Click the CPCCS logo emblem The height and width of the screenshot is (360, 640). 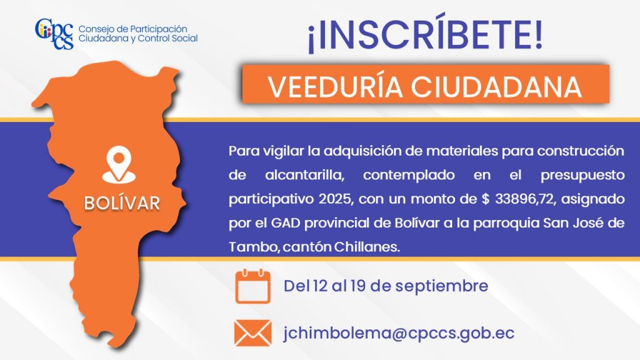click(54, 34)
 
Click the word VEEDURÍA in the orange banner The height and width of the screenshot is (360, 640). click(335, 86)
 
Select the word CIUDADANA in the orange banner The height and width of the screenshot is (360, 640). click(496, 86)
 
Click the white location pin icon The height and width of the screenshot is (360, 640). click(119, 164)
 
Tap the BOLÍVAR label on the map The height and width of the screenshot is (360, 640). click(122, 203)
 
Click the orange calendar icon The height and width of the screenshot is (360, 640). click(252, 286)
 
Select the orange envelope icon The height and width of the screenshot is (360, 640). click(252, 333)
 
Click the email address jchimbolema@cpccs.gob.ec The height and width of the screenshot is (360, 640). click(399, 334)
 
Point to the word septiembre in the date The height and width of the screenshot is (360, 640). click(442, 286)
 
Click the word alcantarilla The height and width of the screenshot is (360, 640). click(304, 175)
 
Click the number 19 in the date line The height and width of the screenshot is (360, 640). click(357, 286)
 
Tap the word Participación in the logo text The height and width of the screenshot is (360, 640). click(158, 29)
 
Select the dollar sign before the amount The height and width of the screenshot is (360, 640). click(485, 199)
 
